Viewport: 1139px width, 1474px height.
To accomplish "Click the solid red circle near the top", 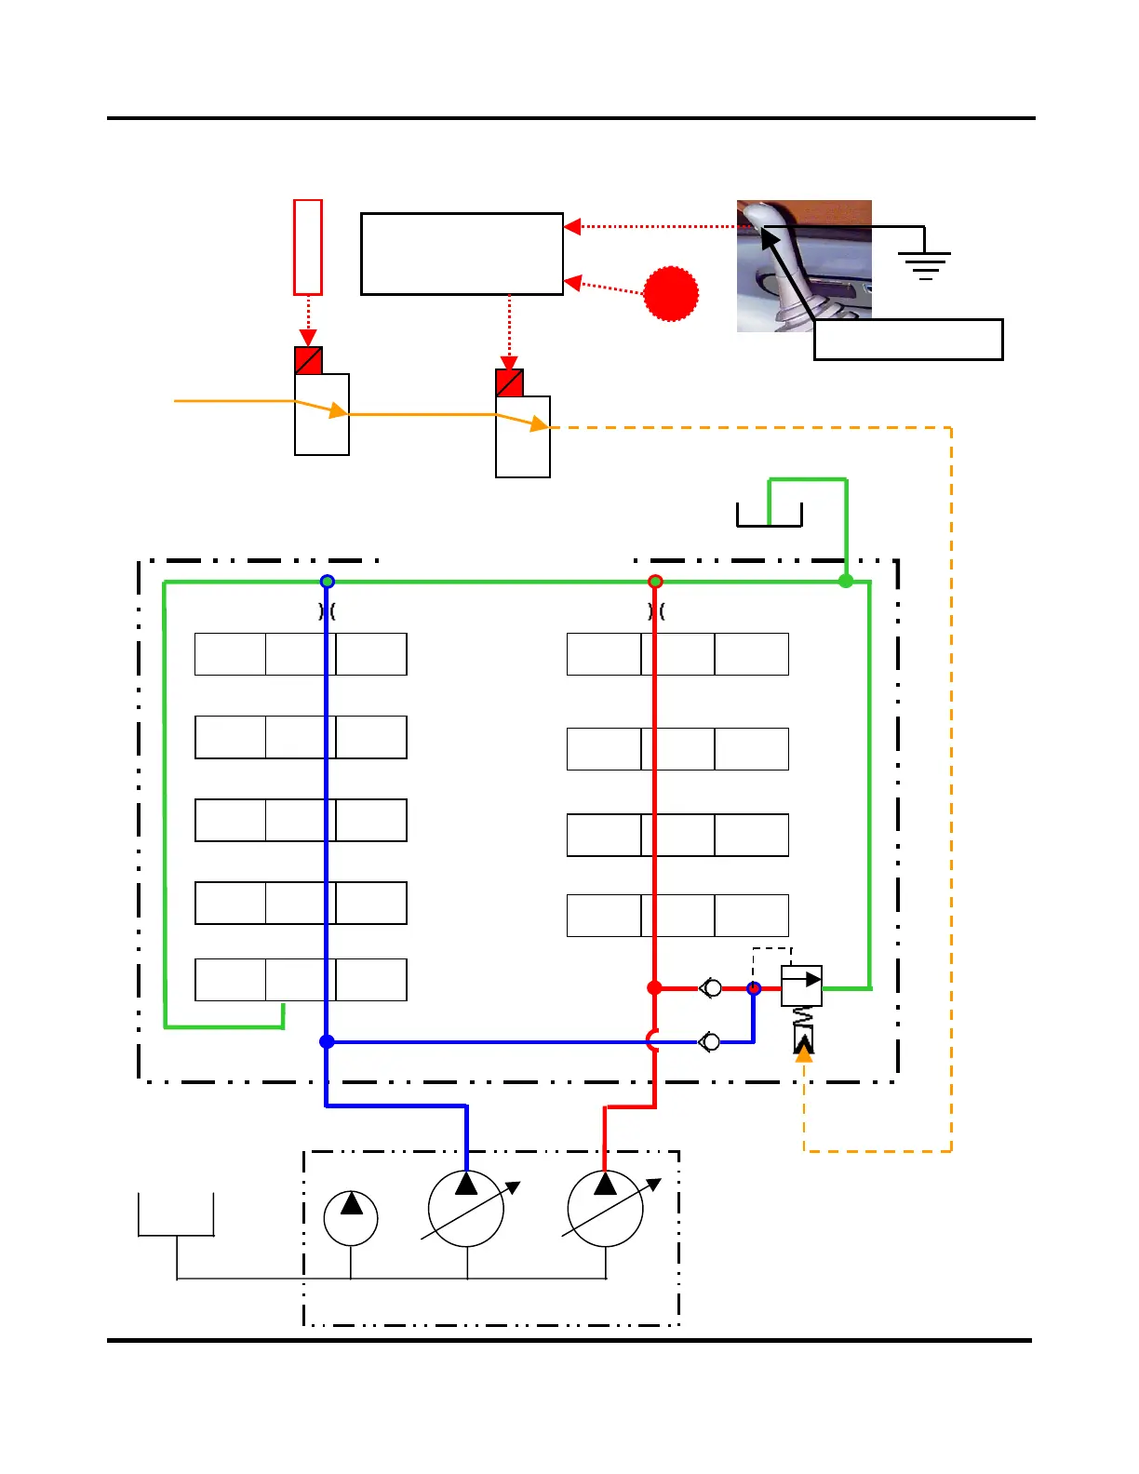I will coord(671,294).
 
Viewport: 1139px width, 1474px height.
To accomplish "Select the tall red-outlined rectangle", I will coord(308,247).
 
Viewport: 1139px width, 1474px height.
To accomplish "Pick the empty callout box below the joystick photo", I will coord(908,340).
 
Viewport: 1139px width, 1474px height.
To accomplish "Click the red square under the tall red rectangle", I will coord(308,360).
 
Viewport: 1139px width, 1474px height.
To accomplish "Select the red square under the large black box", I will coord(509,382).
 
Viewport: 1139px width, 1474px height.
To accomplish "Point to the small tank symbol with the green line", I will coord(769,515).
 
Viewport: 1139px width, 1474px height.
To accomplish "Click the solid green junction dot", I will coord(846,581).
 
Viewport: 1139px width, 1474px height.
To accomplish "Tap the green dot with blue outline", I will coord(327,582).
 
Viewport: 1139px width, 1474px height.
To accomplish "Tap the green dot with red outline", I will coord(655,582).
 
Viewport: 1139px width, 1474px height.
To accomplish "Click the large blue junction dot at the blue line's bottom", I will coord(327,1041).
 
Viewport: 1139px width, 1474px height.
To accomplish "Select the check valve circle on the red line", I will coord(712,987).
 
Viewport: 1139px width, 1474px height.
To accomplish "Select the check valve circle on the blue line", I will coord(712,1041).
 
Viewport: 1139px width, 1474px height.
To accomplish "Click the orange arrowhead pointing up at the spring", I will coord(804,1053).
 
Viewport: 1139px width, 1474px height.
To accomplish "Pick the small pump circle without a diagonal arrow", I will coord(351,1218).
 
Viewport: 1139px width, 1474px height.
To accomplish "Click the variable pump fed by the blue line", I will coord(466,1209).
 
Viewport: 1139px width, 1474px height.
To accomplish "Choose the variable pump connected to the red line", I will coord(606,1209).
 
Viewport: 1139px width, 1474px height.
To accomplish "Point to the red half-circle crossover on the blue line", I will coord(651,1040).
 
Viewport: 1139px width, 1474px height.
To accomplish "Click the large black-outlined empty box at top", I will coord(462,254).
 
